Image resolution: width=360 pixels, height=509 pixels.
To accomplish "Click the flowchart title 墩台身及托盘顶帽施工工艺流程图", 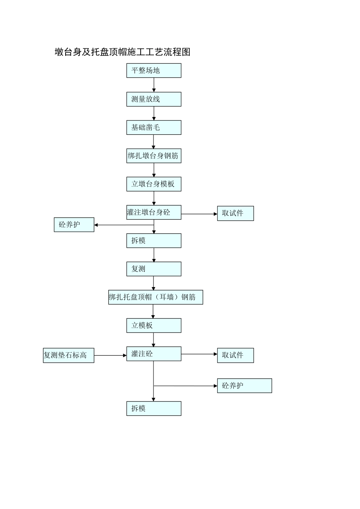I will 122,52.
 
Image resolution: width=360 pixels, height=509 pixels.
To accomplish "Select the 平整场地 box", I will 153,70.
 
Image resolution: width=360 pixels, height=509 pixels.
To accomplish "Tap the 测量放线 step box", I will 153,99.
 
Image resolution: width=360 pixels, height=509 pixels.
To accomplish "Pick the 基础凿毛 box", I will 153,128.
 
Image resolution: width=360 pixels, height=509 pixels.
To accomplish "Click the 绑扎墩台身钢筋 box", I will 153,156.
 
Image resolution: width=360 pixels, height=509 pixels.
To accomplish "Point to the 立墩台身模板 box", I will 153,184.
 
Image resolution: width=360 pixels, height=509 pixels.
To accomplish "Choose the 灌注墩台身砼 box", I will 153,212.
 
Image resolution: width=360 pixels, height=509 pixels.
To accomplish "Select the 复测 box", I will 153,269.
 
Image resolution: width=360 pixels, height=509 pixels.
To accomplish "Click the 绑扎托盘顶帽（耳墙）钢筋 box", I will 155,297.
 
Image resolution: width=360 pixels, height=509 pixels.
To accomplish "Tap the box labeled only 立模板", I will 153,325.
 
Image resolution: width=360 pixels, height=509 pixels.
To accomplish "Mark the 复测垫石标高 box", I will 68,355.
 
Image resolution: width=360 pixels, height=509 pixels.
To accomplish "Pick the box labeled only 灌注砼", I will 153,354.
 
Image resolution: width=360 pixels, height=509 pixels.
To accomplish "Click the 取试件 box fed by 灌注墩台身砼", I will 235,213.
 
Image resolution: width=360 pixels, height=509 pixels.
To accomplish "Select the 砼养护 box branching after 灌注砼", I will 244,386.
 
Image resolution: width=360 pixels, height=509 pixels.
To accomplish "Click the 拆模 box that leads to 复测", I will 153,240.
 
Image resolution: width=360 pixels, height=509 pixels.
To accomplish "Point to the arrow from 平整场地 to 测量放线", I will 154,85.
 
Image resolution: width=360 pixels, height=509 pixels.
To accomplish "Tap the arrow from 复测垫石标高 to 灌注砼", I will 110,355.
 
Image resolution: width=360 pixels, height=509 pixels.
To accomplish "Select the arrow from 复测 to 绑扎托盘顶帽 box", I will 153,283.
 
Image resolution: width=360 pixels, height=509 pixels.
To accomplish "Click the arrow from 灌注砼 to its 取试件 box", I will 199,354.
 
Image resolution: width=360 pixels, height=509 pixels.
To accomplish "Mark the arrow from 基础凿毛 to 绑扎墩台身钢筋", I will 153,142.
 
